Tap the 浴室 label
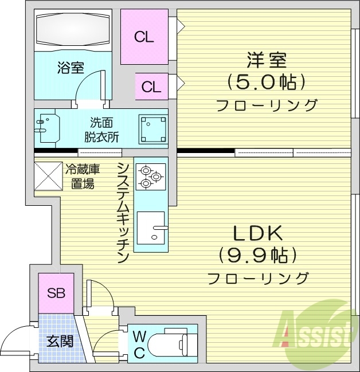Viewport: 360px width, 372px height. pyautogui.click(x=71, y=69)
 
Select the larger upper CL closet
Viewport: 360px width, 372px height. pyautogui.click(x=144, y=37)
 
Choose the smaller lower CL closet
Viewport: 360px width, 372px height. pyautogui.click(x=151, y=87)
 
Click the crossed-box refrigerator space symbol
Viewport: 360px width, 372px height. pyautogui.click(x=48, y=175)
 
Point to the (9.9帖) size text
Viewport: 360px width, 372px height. pyautogui.click(x=257, y=254)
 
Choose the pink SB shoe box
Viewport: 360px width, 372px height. pyautogui.click(x=56, y=293)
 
